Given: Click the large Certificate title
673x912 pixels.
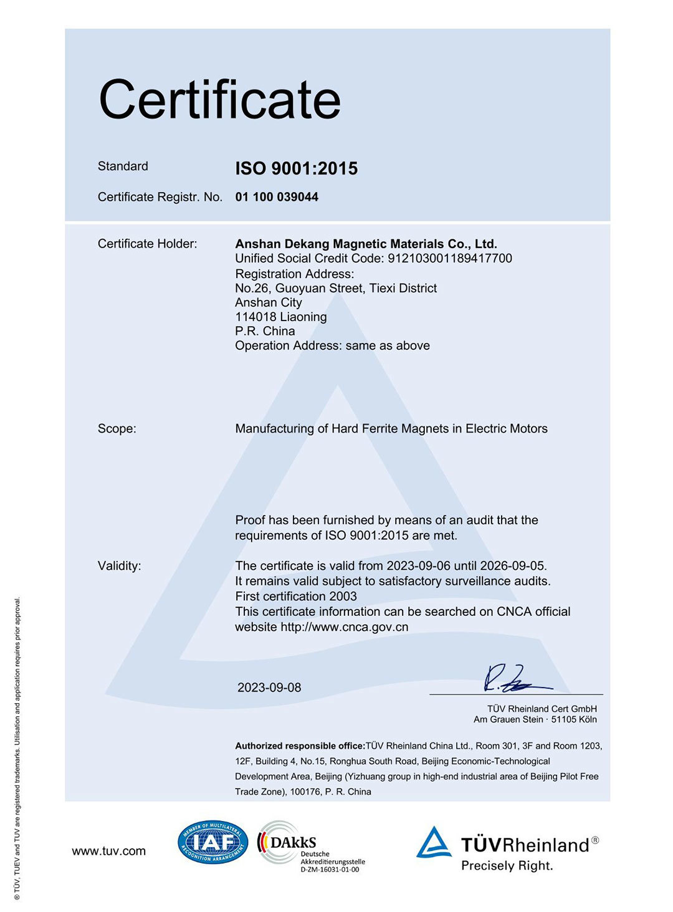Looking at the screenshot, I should pyautogui.click(x=219, y=100).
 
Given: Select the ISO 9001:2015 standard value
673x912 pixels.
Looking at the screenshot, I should pyautogui.click(x=296, y=168).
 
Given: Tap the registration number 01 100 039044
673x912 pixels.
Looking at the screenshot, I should pyautogui.click(x=277, y=197).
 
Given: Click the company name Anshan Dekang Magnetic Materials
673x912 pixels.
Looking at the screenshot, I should pyautogui.click(x=366, y=244).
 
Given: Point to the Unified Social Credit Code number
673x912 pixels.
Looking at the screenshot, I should pyautogui.click(x=450, y=259).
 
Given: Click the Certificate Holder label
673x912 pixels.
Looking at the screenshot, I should pyautogui.click(x=147, y=244).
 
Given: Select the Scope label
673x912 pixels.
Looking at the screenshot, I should pyautogui.click(x=117, y=429).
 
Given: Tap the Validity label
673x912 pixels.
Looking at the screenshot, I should pyautogui.click(x=119, y=566).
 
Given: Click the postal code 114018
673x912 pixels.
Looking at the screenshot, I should pyautogui.click(x=255, y=317).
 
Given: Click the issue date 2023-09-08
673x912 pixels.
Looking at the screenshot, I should pyautogui.click(x=269, y=688).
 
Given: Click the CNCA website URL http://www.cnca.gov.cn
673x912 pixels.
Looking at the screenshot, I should pyautogui.click(x=344, y=627).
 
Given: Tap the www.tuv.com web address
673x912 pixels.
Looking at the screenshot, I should pyautogui.click(x=108, y=852).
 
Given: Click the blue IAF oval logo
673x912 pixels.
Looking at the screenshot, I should pyautogui.click(x=213, y=842).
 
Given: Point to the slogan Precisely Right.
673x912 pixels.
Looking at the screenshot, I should pyautogui.click(x=507, y=866).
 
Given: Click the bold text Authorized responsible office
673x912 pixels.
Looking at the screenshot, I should pyautogui.click(x=300, y=746).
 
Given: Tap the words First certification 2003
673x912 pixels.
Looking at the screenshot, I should pyautogui.click(x=296, y=597).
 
